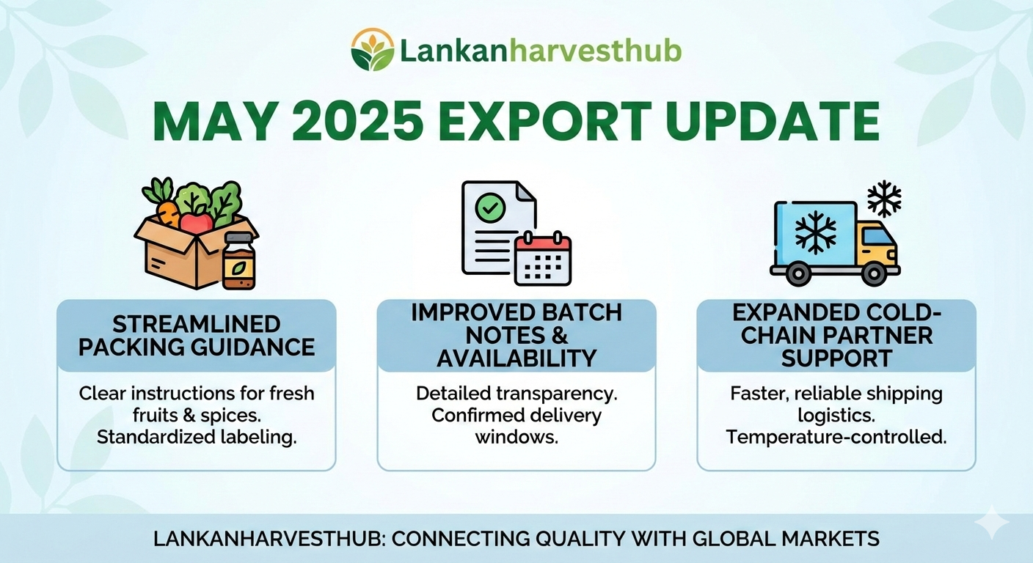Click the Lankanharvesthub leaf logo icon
pos(373,50)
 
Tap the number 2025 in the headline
pos(357,121)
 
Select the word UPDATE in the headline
pos(773,121)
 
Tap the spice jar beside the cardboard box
pos(238,261)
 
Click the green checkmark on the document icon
pos(490,208)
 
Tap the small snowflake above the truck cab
pos(884,199)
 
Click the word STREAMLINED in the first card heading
pos(197,324)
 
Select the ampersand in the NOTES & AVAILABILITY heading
pos(559,336)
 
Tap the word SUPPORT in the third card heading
pos(836,358)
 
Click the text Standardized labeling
pos(197,437)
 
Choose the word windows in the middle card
pos(516,436)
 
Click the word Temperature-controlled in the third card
pos(836,437)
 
